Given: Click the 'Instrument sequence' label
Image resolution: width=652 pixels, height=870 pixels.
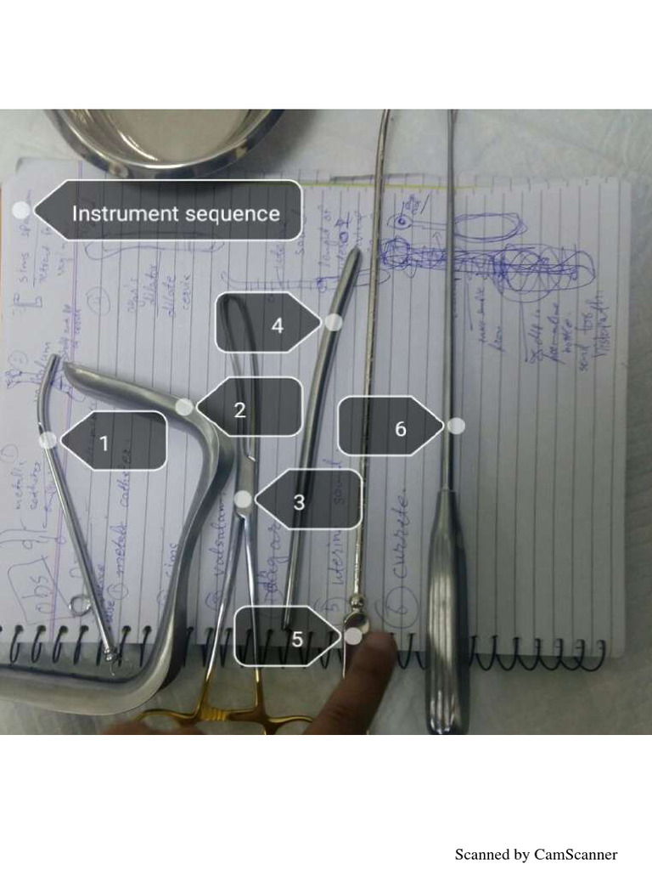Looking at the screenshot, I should pyautogui.click(x=174, y=212).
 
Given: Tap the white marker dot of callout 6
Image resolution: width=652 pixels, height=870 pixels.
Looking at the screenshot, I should pyautogui.click(x=457, y=426).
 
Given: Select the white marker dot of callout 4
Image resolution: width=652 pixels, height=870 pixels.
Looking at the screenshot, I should pyautogui.click(x=334, y=322).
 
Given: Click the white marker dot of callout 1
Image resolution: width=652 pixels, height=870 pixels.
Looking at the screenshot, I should pyautogui.click(x=49, y=439).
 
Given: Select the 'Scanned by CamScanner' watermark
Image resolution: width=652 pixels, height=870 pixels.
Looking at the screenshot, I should pyautogui.click(x=536, y=854).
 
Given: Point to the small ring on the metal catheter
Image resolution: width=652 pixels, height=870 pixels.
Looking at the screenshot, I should pyautogui.click(x=82, y=606).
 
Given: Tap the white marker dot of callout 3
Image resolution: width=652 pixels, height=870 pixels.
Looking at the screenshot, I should pyautogui.click(x=244, y=500).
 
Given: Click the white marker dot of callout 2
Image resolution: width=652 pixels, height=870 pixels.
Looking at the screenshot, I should pyautogui.click(x=184, y=406).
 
